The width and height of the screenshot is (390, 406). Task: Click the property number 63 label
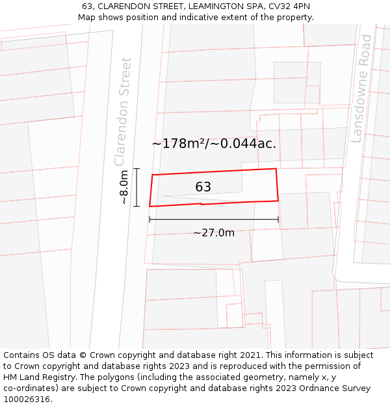point(203,187)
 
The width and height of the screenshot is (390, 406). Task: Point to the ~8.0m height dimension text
point(124,188)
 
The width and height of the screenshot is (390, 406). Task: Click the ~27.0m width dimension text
point(214,233)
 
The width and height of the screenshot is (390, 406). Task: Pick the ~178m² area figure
point(179,144)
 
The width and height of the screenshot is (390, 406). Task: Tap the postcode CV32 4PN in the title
point(288,6)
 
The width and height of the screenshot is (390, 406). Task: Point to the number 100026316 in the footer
point(27,400)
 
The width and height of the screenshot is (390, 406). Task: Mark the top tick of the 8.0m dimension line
point(136,169)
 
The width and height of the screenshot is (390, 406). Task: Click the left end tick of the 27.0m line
point(149,220)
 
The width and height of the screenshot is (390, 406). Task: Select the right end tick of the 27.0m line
point(278,220)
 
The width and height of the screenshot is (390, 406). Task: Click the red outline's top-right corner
point(276,169)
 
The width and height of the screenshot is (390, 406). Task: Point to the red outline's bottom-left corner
point(149,207)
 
